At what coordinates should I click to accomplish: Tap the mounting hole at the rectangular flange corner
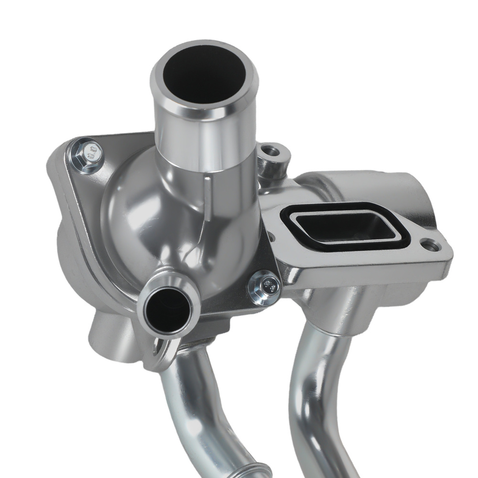431,246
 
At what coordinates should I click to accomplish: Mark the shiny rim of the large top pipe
158,79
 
